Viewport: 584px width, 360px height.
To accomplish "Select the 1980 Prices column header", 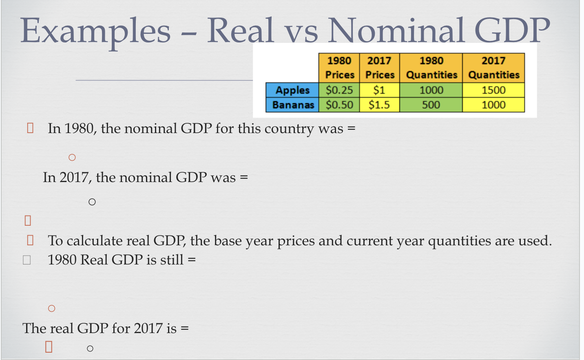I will click(339, 68).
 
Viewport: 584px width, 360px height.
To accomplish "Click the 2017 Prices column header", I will click(379, 68).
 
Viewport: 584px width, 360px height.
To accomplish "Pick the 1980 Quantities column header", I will click(431, 68).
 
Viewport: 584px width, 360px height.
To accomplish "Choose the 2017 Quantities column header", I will click(493, 68).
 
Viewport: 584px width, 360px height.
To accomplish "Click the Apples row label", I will click(292, 90).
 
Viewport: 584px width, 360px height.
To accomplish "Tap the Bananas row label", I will click(293, 105).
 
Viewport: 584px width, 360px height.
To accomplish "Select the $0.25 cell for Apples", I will click(339, 90).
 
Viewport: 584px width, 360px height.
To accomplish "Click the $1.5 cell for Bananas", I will click(379, 105).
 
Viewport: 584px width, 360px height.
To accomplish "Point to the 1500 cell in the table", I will click(493, 90).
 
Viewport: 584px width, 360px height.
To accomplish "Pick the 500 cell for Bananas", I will click(431, 105).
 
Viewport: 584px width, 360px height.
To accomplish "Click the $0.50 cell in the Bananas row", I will click(339, 105).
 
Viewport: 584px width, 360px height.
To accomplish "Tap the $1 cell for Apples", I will click(379, 90).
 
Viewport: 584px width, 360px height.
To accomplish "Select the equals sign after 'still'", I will click(192, 260).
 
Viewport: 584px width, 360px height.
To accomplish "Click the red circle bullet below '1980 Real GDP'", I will click(51, 309).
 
